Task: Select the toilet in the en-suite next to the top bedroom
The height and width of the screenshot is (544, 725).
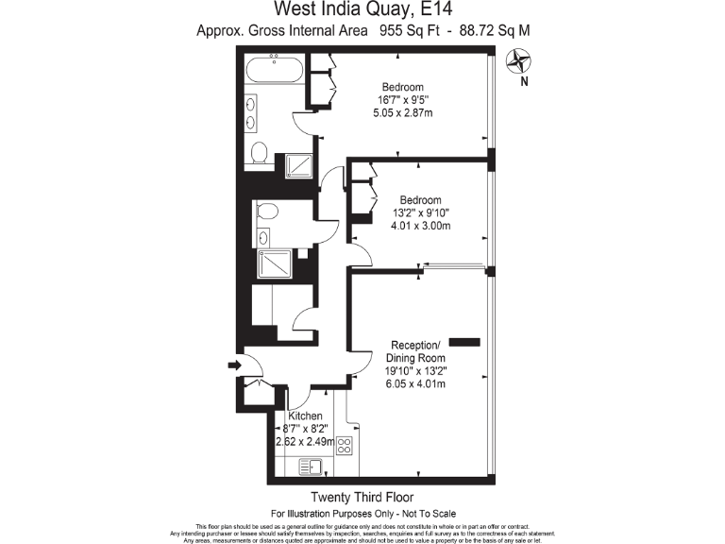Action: click(261, 151)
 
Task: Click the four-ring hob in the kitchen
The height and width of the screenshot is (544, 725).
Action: click(345, 446)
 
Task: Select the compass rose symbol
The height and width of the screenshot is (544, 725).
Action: click(518, 61)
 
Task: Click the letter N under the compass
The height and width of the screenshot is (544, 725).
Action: click(523, 82)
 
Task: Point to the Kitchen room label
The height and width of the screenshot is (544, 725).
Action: click(305, 416)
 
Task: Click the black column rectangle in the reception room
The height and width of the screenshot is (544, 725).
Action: click(464, 340)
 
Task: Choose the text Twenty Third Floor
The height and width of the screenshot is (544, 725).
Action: click(362, 497)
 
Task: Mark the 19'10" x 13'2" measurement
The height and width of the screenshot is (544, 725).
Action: click(415, 371)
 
